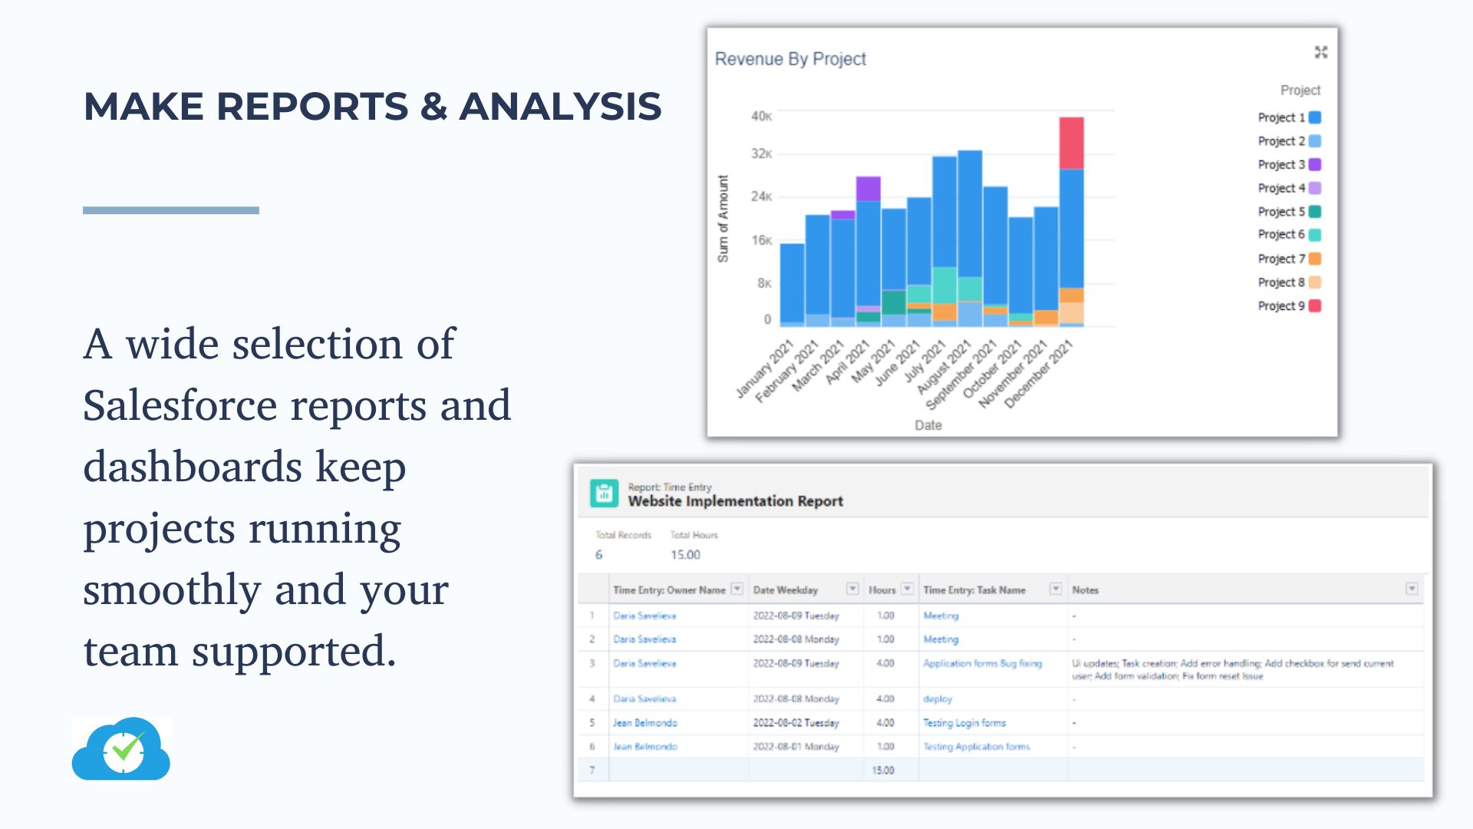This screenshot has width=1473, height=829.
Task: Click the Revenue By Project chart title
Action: pos(790,59)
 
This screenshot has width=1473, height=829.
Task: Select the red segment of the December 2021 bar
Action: pos(1071,143)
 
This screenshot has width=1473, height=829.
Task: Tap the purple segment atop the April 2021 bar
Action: pos(868,188)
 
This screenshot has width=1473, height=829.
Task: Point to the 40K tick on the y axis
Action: pos(761,116)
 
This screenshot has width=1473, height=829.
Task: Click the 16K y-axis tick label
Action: pos(761,240)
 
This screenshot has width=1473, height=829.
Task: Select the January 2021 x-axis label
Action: pos(764,370)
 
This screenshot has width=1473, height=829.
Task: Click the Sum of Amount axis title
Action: pos(723,219)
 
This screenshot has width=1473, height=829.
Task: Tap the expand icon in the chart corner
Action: pos(1320,52)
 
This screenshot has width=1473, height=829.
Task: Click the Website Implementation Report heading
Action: pos(735,501)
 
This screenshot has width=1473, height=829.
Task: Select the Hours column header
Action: pos(881,590)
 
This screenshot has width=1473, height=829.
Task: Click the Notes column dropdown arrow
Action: pos(1411,589)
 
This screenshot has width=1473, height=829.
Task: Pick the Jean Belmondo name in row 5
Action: pos(644,722)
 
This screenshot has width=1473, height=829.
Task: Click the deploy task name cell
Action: pos(938,699)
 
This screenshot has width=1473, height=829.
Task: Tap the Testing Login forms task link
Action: pos(964,722)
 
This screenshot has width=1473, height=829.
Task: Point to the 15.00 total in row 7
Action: pos(883,770)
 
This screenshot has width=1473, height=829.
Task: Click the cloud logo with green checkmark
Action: pos(121,749)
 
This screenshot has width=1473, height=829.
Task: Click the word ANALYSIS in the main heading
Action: pos(560,106)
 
